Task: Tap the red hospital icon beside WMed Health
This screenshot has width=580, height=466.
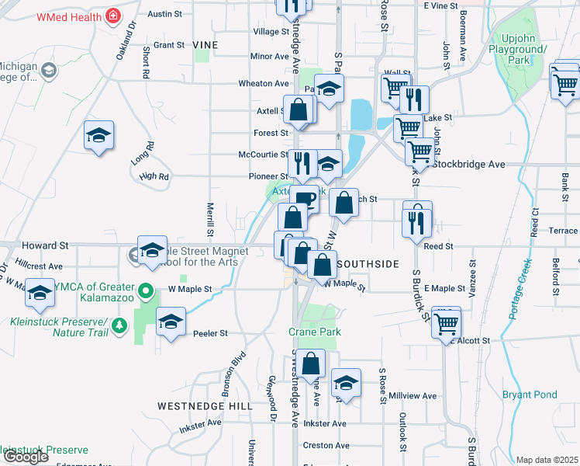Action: pyautogui.click(x=113, y=16)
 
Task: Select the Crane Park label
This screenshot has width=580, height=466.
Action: pyautogui.click(x=315, y=332)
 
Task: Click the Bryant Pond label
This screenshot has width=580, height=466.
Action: pyautogui.click(x=530, y=395)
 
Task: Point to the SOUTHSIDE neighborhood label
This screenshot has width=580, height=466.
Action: pyautogui.click(x=368, y=264)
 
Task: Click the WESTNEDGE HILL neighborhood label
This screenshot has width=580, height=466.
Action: pyautogui.click(x=205, y=405)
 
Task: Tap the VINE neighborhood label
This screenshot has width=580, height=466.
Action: pyautogui.click(x=205, y=46)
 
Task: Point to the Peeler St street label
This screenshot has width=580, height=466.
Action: pyautogui.click(x=212, y=333)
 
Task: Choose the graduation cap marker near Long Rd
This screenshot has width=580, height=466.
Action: pyautogui.click(x=99, y=136)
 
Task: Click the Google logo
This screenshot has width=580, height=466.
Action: pyautogui.click(x=26, y=457)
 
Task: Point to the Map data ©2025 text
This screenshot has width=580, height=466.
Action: pyautogui.click(x=547, y=460)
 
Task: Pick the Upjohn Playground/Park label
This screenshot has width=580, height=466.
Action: pyautogui.click(x=524, y=49)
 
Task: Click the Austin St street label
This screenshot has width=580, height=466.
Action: pyautogui.click(x=164, y=14)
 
